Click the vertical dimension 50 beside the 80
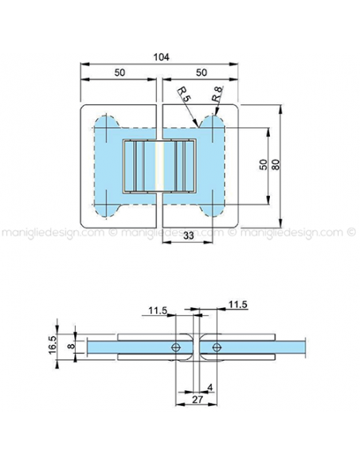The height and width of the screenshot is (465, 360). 262,164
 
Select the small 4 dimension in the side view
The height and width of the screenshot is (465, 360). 209,388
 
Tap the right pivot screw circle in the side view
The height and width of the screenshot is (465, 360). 215,347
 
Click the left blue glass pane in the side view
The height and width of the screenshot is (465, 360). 119,347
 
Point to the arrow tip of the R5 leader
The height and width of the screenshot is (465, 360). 196,127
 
